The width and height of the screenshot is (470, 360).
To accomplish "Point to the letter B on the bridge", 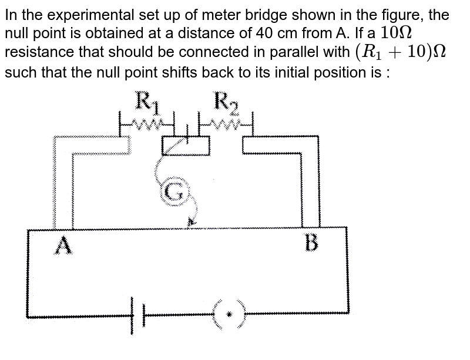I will (312, 243).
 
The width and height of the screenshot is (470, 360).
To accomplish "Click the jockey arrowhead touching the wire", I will (190, 223).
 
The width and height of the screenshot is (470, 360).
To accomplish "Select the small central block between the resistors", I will (186, 144).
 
